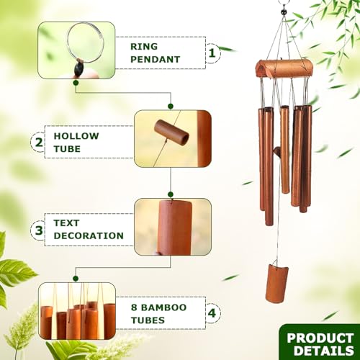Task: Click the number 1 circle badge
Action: [x=212, y=53]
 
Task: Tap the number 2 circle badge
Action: [x=38, y=141]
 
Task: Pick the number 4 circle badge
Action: [x=211, y=313]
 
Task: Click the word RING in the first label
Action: [x=144, y=46]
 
